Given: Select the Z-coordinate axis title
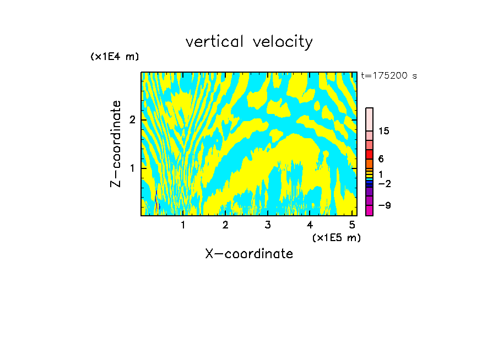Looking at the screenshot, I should pyautogui.click(x=116, y=144).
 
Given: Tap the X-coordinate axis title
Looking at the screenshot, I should pyautogui.click(x=249, y=254).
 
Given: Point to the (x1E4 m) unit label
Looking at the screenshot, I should pyautogui.click(x=115, y=57).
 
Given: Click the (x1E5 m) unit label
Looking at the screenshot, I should pyautogui.click(x=336, y=237).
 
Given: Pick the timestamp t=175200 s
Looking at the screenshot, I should pyautogui.click(x=389, y=76).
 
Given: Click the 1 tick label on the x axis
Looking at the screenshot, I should pyautogui.click(x=183, y=225).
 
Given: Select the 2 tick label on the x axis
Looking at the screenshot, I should pyautogui.click(x=225, y=225).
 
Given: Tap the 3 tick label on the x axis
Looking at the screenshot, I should pyautogui.click(x=268, y=225).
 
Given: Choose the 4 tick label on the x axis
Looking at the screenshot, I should pyautogui.click(x=310, y=225).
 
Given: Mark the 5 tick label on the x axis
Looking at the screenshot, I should pyautogui.click(x=352, y=225).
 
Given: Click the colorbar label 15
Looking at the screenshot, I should pyautogui.click(x=384, y=131).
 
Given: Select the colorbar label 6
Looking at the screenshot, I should pyautogui.click(x=381, y=159).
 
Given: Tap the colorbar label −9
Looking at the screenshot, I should pyautogui.click(x=384, y=205).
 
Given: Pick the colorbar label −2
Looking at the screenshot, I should pyautogui.click(x=384, y=183).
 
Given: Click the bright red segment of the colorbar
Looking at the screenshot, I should pyautogui.click(x=369, y=154).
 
